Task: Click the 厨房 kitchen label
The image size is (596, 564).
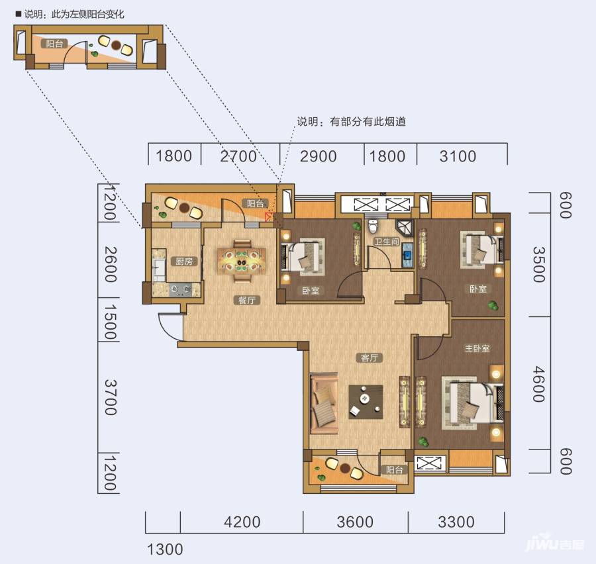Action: tap(184, 261)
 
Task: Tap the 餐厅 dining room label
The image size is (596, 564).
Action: tap(247, 301)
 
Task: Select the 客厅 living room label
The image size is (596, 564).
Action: tap(370, 358)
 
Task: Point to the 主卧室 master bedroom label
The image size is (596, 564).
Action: tap(477, 348)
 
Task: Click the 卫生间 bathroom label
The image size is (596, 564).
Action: tap(387, 242)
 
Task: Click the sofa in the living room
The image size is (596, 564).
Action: tap(324, 404)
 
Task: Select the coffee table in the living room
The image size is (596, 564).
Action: tap(366, 402)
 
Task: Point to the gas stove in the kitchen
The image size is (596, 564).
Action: tap(180, 290)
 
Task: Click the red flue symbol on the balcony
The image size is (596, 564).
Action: tap(269, 217)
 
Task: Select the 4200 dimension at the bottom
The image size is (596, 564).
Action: tap(242, 522)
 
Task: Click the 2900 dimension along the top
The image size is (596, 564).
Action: tap(319, 156)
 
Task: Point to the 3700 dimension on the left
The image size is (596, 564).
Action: tap(110, 397)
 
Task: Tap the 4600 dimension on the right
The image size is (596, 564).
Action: tap(539, 384)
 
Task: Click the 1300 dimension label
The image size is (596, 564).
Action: tap(165, 549)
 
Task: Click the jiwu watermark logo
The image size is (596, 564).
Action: tap(554, 545)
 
